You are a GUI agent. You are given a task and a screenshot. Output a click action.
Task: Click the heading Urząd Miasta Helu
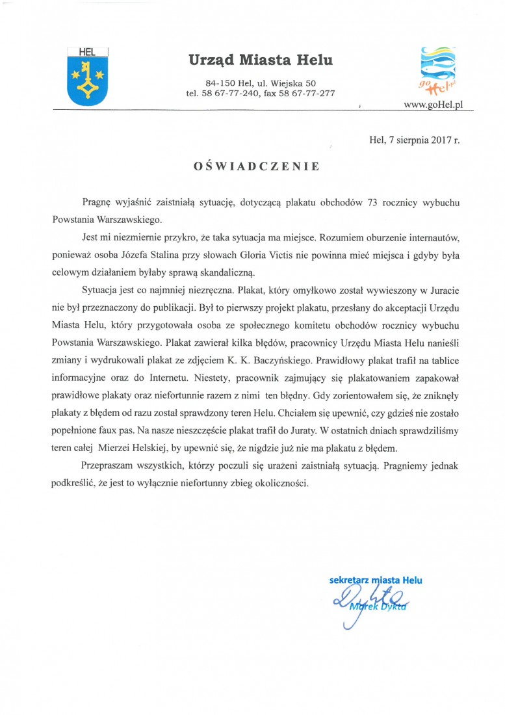pyautogui.click(x=261, y=61)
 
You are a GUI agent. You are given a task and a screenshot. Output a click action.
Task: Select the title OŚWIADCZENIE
pyautogui.click(x=256, y=166)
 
